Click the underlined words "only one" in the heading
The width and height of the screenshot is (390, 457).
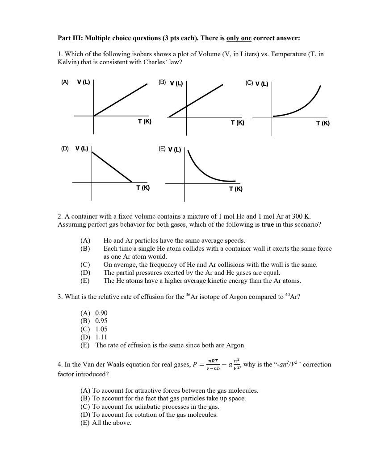(x=239, y=38)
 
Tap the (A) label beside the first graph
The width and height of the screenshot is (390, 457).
(x=65, y=82)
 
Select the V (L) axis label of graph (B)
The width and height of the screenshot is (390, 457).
(x=176, y=83)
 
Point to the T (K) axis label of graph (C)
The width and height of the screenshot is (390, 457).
(x=323, y=123)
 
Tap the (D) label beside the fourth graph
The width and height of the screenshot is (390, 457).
(x=65, y=148)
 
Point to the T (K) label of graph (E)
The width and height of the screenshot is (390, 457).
(x=236, y=189)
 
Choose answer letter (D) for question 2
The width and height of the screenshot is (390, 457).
(x=85, y=273)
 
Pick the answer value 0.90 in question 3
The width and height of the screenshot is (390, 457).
(x=101, y=313)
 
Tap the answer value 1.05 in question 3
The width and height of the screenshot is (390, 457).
(x=101, y=329)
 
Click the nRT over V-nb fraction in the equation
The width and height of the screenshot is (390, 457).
(x=213, y=365)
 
